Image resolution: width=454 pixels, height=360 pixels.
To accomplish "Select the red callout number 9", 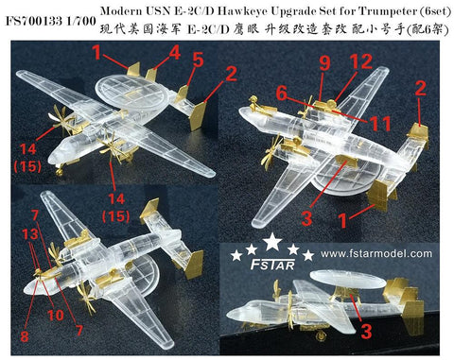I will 324,63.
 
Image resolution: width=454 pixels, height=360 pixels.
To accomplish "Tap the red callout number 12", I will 357,63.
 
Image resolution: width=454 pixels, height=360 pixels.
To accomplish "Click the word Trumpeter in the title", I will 384,9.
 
